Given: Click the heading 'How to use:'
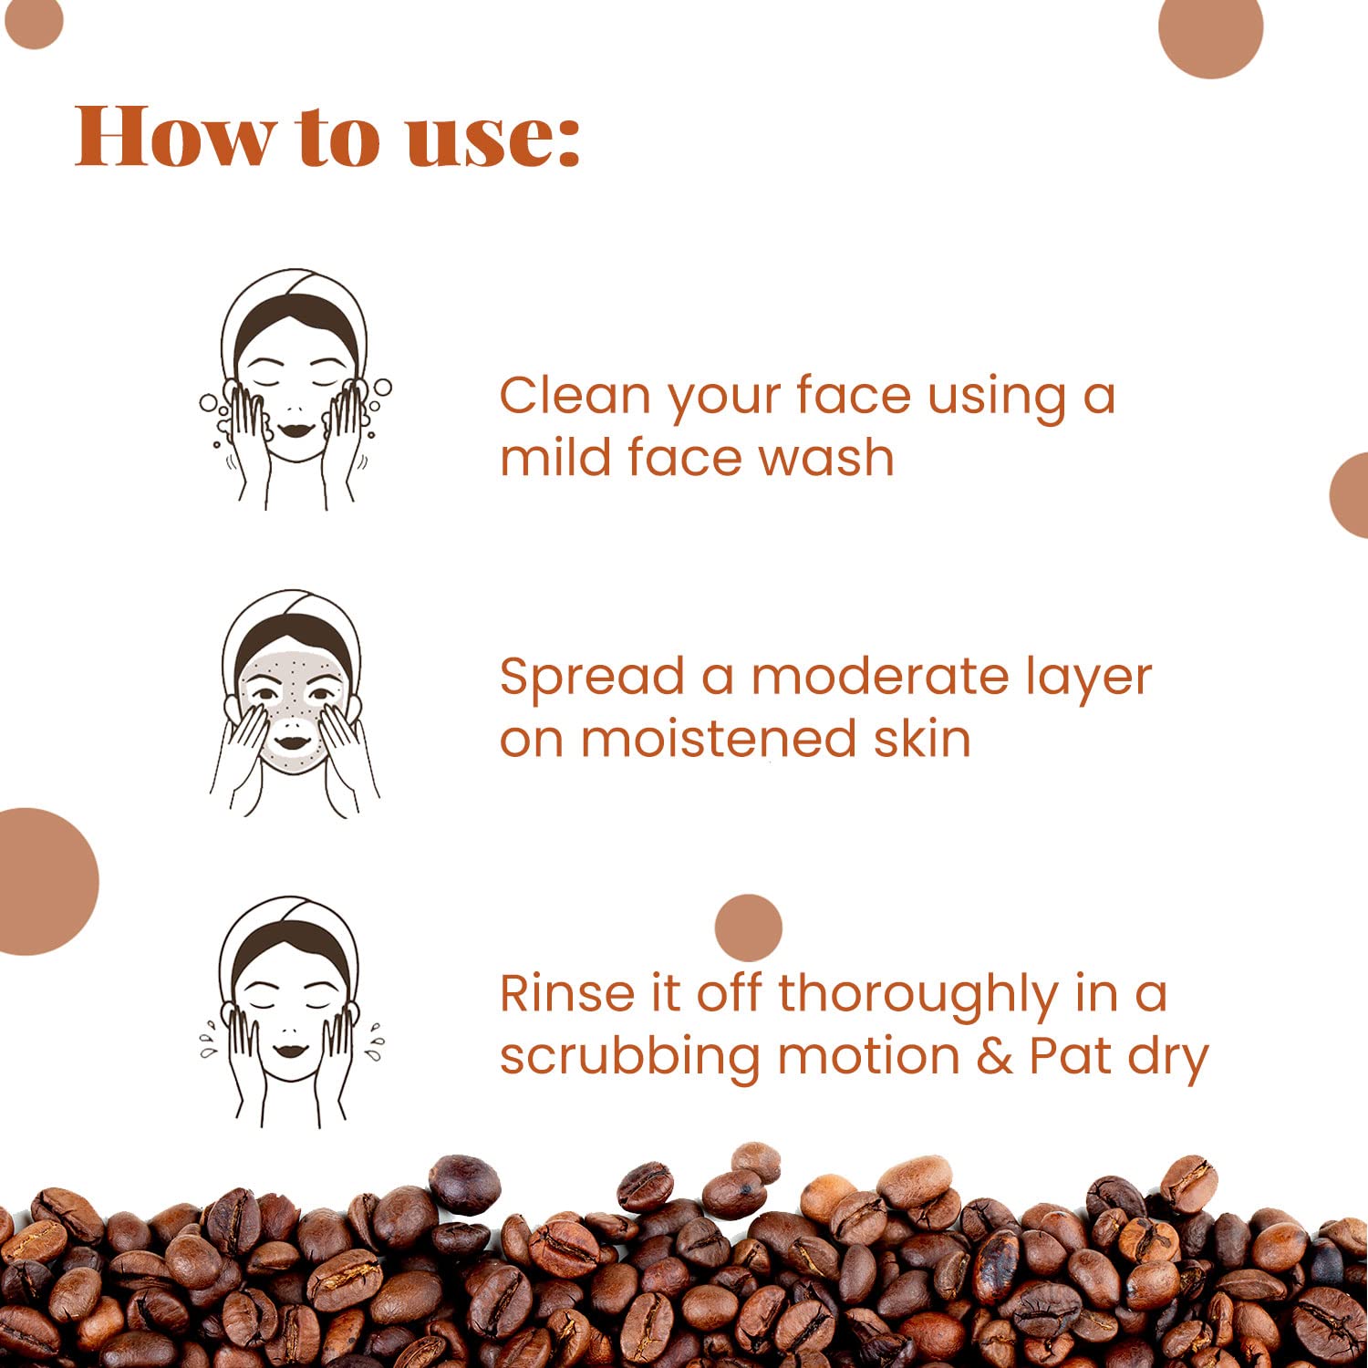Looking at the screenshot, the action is [x=327, y=136].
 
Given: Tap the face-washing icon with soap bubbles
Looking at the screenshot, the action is [x=295, y=389].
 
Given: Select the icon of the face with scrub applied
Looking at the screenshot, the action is [x=295, y=703].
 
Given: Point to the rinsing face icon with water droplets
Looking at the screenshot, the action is [x=292, y=1012].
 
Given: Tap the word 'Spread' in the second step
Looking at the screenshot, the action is [x=592, y=679].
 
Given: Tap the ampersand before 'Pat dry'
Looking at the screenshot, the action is [x=994, y=1057].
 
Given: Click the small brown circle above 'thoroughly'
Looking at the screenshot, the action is [x=749, y=928].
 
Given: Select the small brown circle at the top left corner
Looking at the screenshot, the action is [x=33, y=23].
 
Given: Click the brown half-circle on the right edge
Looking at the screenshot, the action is [x=1350, y=495].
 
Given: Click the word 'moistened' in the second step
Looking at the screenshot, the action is [x=719, y=738].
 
